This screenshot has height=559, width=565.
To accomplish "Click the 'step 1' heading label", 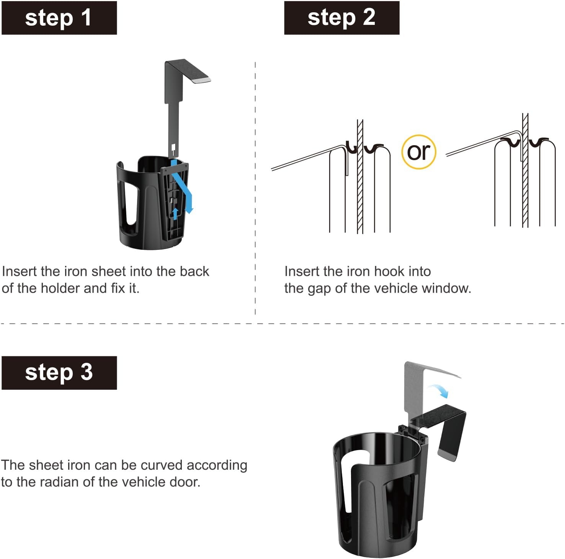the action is click(59, 18).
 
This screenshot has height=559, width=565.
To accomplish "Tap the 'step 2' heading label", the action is click(341, 18).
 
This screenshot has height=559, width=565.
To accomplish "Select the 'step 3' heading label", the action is click(59, 373).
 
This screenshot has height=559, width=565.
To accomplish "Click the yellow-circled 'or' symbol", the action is click(419, 152).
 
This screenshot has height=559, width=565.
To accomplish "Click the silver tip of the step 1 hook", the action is click(201, 80).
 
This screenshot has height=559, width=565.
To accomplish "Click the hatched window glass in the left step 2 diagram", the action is click(360, 176).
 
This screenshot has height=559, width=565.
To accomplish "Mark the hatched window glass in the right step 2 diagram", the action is click(525, 170).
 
